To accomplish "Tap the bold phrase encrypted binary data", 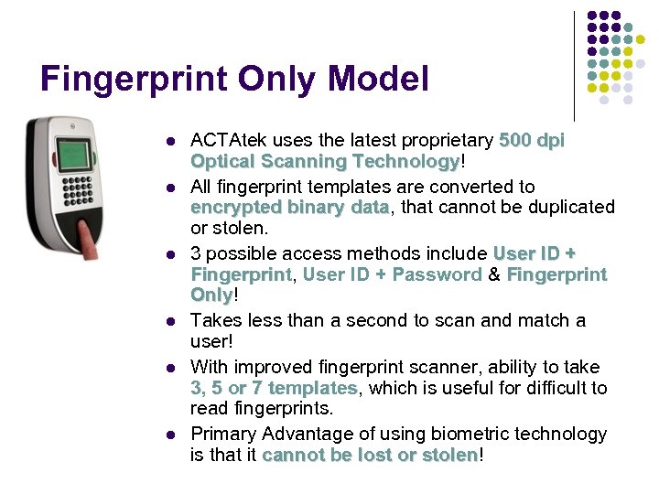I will coord(289,207).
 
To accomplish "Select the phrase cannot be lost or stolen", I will coord(370,455).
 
